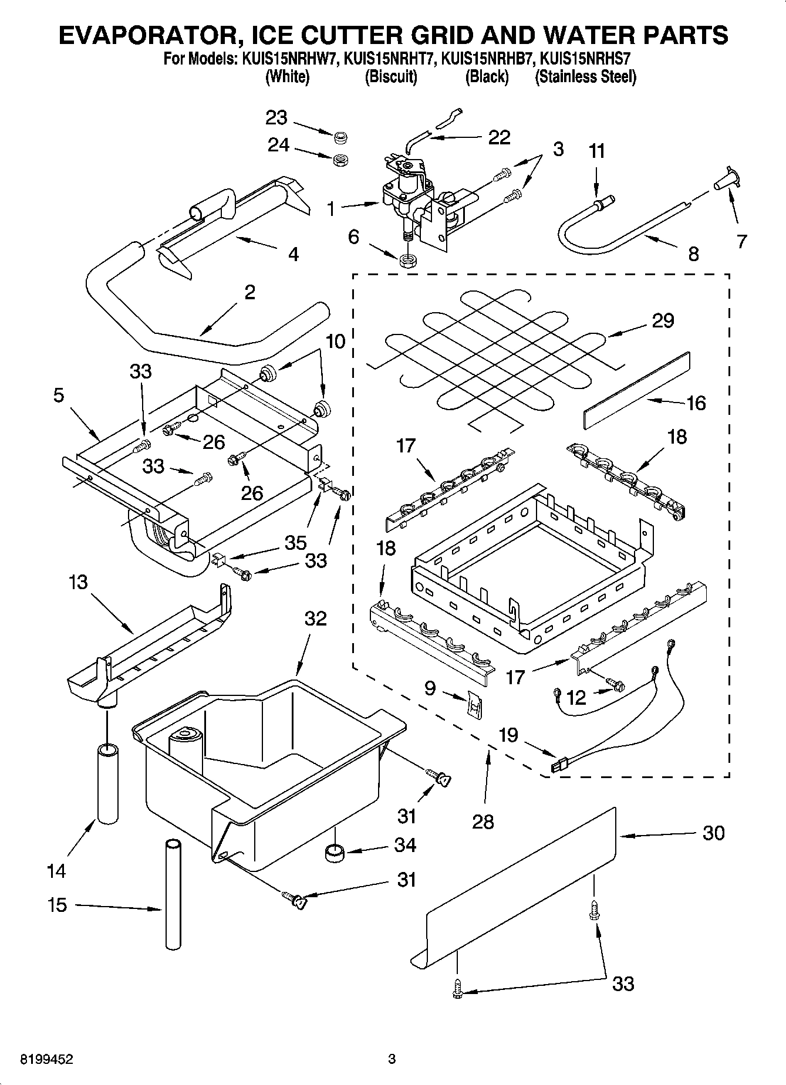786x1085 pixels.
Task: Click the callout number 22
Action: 499,137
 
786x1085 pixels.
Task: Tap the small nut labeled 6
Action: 405,261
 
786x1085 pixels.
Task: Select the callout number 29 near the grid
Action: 662,320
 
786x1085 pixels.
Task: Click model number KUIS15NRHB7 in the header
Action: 486,59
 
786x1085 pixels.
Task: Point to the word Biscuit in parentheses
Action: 391,77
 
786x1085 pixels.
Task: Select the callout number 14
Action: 56,871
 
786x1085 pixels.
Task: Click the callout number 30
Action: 713,833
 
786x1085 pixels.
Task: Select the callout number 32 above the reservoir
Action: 316,618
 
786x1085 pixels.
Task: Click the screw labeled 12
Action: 616,684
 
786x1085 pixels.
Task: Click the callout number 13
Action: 78,582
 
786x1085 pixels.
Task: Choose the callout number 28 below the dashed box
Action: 483,822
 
